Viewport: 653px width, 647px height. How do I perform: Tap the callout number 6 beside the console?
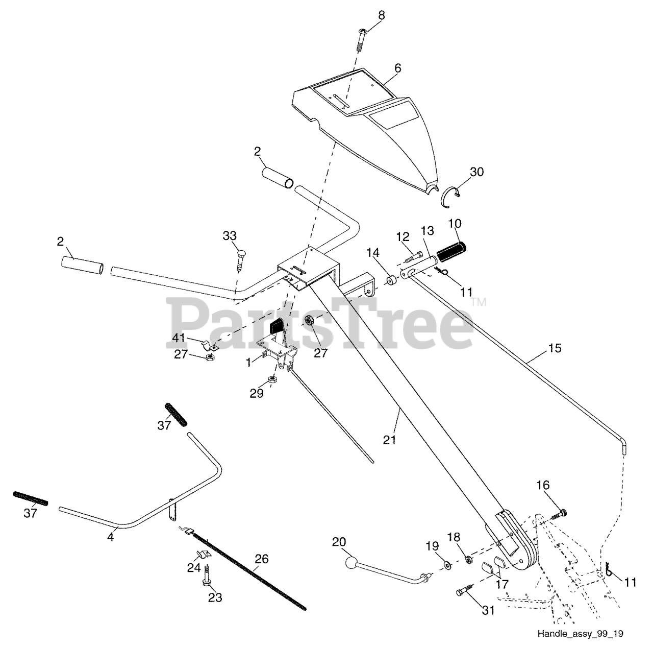coord(398,67)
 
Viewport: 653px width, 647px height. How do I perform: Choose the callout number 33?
coord(230,235)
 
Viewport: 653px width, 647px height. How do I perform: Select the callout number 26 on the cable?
coord(261,559)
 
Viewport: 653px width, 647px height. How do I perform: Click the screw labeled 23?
coord(208,576)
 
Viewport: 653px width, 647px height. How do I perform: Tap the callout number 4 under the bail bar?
coord(111,538)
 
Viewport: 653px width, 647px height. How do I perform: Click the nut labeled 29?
coord(273,379)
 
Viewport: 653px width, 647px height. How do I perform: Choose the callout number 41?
coord(178,338)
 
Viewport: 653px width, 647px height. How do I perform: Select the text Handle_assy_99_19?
coord(580,634)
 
